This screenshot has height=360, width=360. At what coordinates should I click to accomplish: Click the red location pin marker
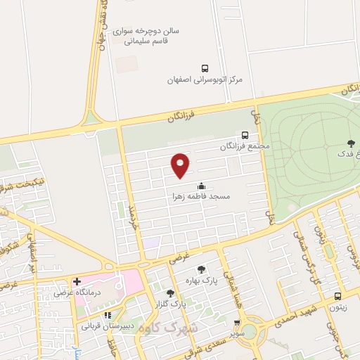(181, 165)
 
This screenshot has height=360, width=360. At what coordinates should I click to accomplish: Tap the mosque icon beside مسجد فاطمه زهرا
(202, 186)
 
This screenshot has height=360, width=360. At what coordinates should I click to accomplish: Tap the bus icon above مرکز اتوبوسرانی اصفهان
(205, 68)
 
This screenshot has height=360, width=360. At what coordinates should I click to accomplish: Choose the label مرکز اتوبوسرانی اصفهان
(205, 79)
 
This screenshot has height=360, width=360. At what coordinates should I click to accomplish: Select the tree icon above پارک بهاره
(202, 269)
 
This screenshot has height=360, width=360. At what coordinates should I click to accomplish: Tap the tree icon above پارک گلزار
(169, 293)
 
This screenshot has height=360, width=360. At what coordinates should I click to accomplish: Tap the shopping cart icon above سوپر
(237, 324)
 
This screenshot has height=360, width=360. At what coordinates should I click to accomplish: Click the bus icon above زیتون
(339, 296)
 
